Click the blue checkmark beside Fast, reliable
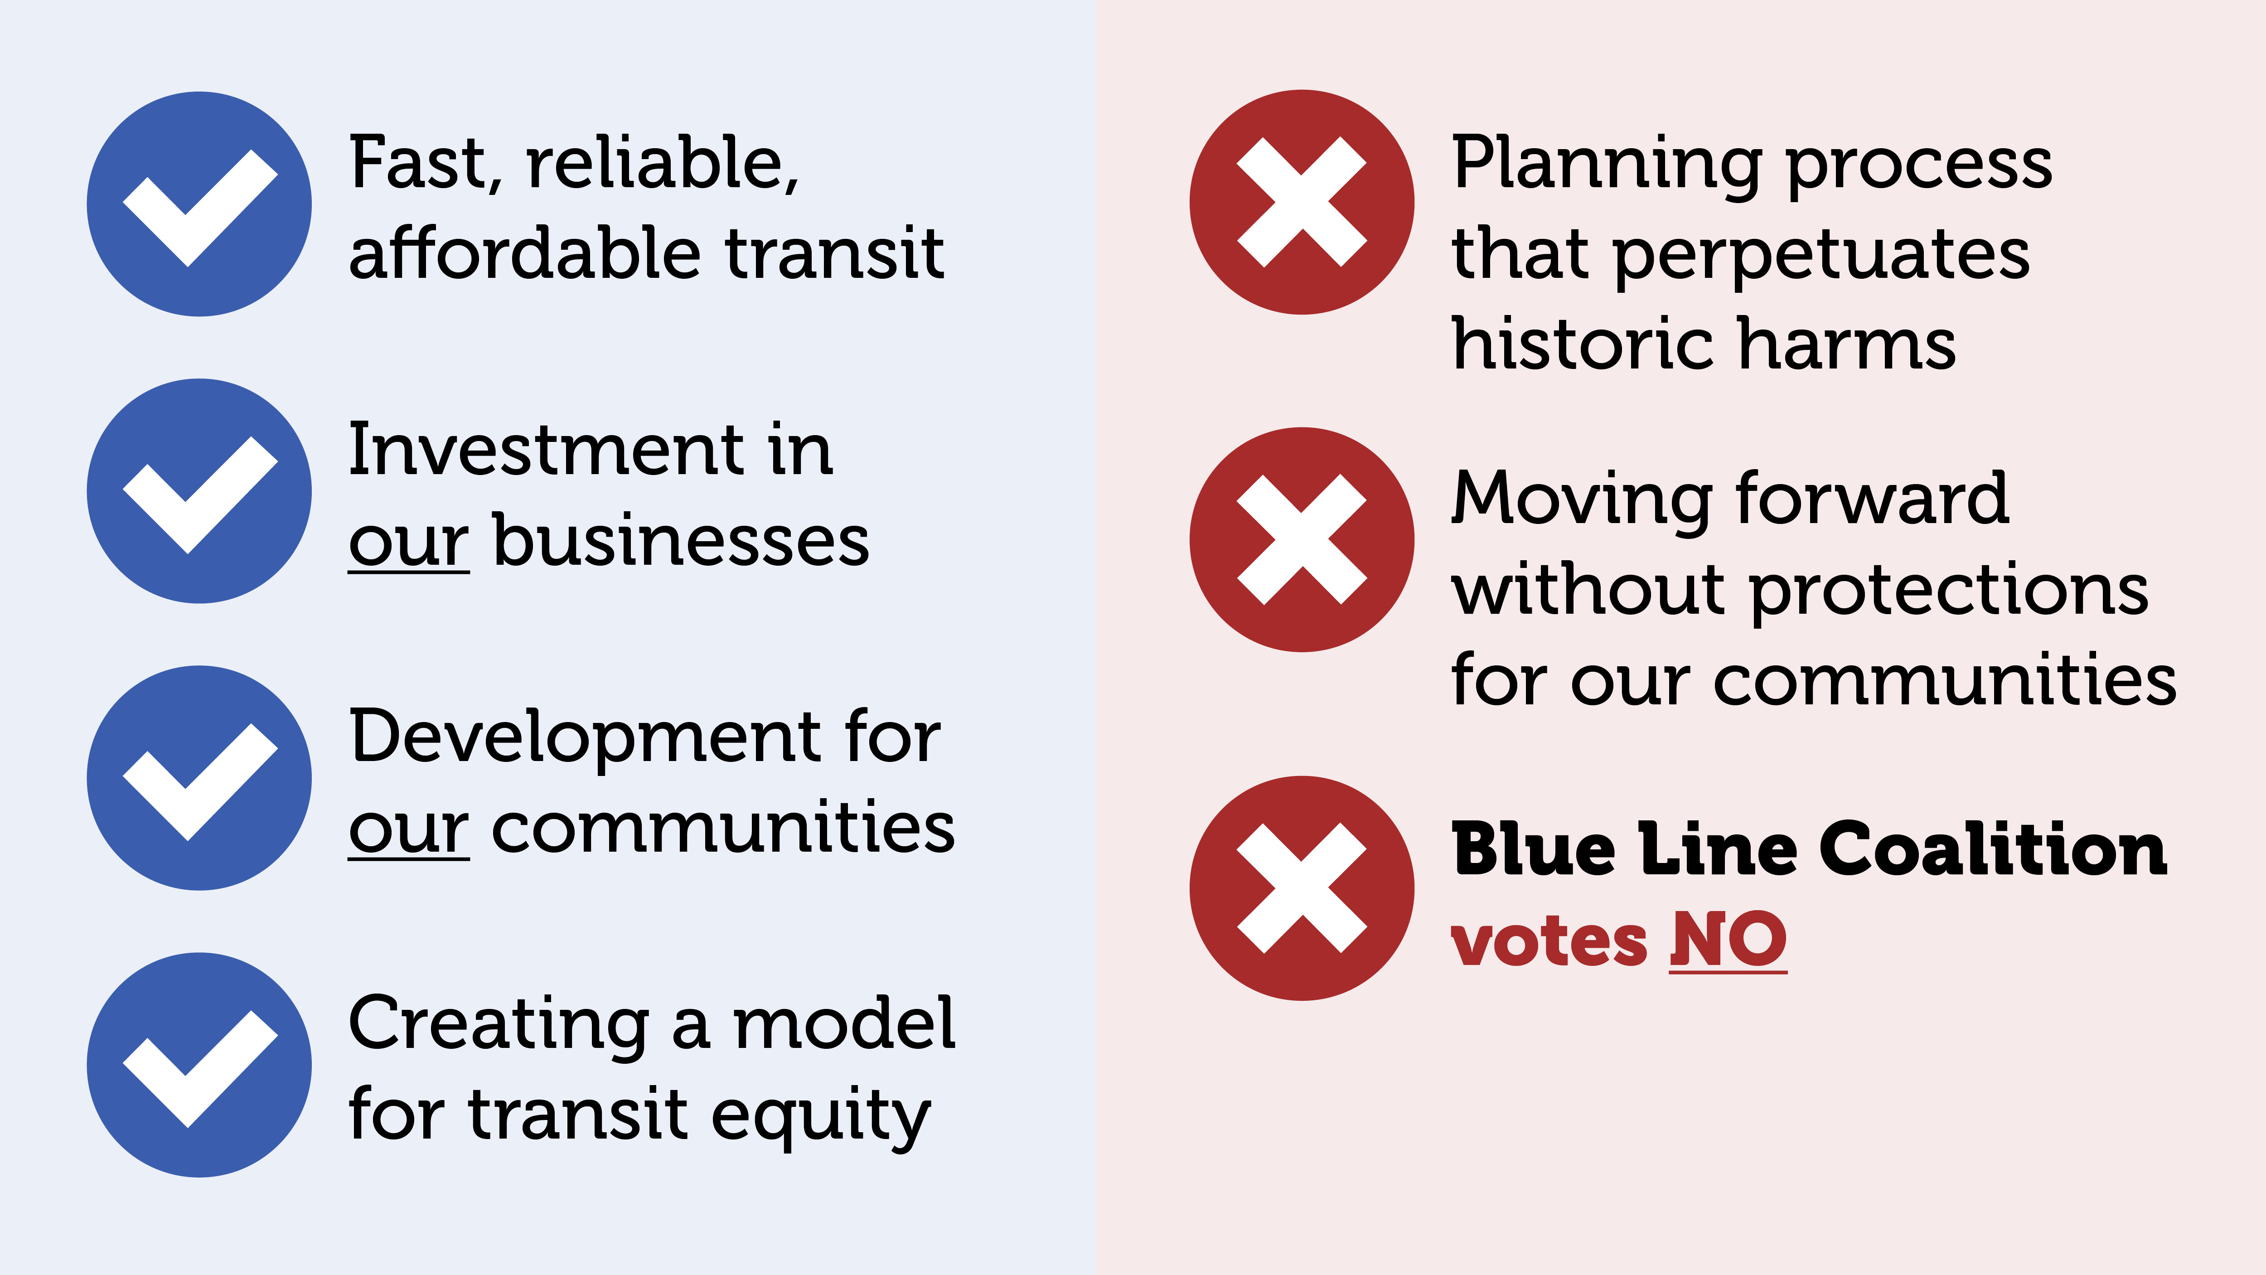tap(199, 204)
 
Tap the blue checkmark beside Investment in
tap(199, 491)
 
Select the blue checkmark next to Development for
tap(199, 778)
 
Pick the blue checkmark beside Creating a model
tap(199, 1065)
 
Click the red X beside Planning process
tap(1302, 202)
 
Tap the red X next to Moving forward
tap(1302, 539)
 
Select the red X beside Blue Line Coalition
tap(1302, 888)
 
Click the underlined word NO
tap(1729, 940)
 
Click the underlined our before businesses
tap(409, 546)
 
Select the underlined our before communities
tap(409, 833)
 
